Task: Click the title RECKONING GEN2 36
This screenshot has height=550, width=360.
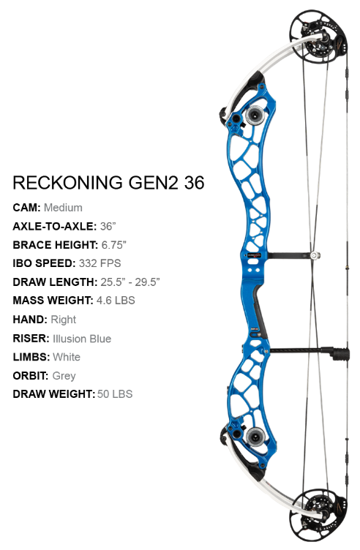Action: pos(108,183)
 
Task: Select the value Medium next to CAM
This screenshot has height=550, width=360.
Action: pos(63,208)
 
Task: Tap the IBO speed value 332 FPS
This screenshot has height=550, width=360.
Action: pos(100,263)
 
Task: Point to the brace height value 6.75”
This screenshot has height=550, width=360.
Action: pos(113,245)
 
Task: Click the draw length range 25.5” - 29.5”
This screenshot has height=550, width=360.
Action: pos(130,282)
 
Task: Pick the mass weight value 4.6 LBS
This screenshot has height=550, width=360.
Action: pos(116,301)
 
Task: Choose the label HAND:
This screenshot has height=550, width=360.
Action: pos(30,320)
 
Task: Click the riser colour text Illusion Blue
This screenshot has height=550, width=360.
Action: pos(82,339)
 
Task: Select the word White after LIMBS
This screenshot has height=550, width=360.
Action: pos(67,357)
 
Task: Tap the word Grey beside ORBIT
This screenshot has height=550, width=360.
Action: pos(64,376)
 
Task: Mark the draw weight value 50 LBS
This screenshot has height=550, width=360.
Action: pos(115,394)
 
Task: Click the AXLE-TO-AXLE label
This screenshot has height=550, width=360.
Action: pos(54,226)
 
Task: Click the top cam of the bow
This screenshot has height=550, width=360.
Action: pos(318,37)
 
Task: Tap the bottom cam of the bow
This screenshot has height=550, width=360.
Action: pos(318,514)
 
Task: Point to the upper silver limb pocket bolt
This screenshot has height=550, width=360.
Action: pos(255,114)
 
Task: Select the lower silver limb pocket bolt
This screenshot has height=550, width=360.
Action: pos(255,437)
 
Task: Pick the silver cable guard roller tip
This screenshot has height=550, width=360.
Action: pos(315,255)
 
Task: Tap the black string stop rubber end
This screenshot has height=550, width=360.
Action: pos(340,354)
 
